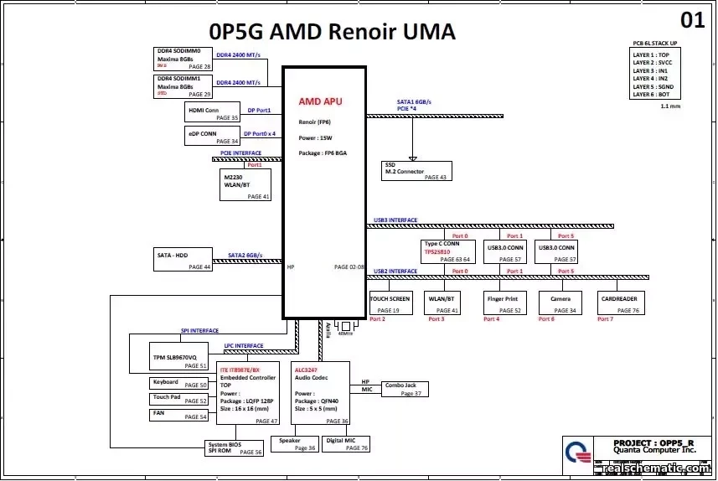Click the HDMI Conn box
tap(212, 112)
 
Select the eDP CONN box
tap(212, 137)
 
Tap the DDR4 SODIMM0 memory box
tap(184, 59)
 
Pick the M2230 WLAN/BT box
tap(245, 185)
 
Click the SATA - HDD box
tap(184, 260)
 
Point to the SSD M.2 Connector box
tap(416, 170)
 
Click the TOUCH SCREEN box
tap(390, 303)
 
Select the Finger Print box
tap(503, 303)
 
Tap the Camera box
tap(560, 303)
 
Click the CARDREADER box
tap(620, 303)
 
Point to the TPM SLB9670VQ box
tap(178, 357)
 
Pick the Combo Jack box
tap(405, 389)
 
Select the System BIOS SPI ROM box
tap(235, 448)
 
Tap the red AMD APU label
tap(320, 101)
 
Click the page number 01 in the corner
tap(692, 19)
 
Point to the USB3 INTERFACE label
tap(395, 220)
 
